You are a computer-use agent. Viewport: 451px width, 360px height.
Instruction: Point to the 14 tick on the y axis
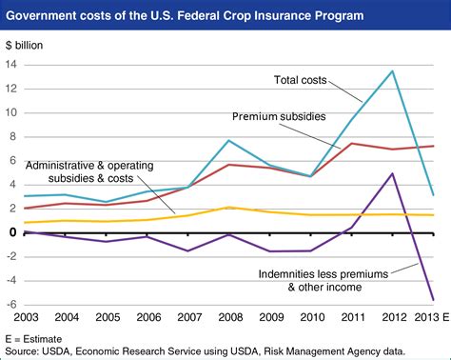click(11, 65)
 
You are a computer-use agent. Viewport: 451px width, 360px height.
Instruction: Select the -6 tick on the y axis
click(10, 305)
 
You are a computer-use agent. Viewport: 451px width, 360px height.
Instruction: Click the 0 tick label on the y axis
click(11, 232)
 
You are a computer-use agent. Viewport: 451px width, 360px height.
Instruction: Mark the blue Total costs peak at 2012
click(393, 70)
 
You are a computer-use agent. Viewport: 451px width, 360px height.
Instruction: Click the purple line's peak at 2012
click(393, 173)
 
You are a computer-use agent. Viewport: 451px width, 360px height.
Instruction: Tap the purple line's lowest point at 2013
click(434, 299)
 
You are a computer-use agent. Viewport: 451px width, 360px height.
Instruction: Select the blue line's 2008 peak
click(229, 140)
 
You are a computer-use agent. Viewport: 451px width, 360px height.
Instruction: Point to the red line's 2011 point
click(352, 143)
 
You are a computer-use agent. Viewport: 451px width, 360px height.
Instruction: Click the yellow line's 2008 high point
click(229, 207)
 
